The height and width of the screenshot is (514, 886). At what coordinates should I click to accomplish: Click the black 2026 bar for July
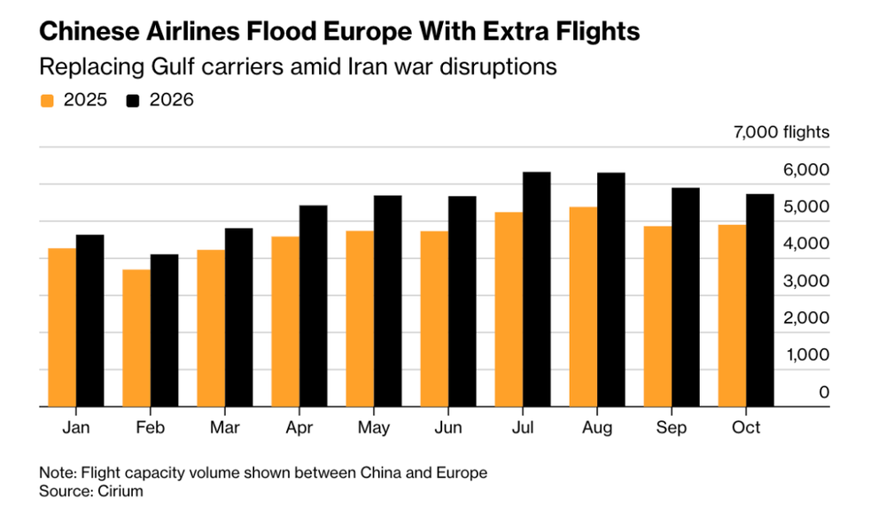pyautogui.click(x=537, y=289)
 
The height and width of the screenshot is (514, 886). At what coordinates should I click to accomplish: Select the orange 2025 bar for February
pyautogui.click(x=136, y=338)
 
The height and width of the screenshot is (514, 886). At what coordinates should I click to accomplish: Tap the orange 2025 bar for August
pyautogui.click(x=583, y=307)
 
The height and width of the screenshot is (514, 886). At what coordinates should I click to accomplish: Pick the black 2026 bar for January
pyautogui.click(x=90, y=321)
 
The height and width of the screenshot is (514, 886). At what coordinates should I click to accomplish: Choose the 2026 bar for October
pyautogui.click(x=760, y=300)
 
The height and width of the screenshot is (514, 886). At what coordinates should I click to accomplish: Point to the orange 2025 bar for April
pyautogui.click(x=285, y=322)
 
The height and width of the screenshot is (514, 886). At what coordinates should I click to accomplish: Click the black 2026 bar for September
pyautogui.click(x=686, y=297)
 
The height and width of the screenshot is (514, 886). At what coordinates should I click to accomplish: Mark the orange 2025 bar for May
pyautogui.click(x=360, y=319)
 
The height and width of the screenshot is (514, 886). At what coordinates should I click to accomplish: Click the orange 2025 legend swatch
pyautogui.click(x=47, y=100)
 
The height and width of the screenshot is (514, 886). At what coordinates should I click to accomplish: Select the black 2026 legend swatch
pyautogui.click(x=134, y=100)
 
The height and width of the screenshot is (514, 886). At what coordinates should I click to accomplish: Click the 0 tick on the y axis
pyautogui.click(x=824, y=392)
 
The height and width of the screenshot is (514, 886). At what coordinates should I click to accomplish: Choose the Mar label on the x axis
pyautogui.click(x=225, y=428)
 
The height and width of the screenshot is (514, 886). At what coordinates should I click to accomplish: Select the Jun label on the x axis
pyautogui.click(x=448, y=428)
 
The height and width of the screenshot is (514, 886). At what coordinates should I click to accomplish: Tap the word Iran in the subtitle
pyautogui.click(x=367, y=67)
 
